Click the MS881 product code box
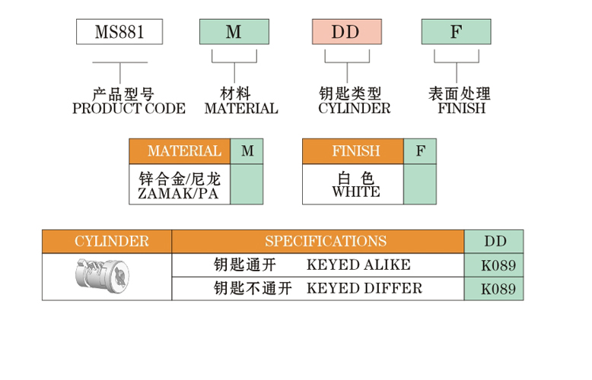pos(119,32)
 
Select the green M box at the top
pos(234,32)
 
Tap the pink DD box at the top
pos(346,32)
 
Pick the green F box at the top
pos(456,32)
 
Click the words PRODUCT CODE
pos(129,109)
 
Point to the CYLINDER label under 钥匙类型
pos(354,109)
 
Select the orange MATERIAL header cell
pos(180,151)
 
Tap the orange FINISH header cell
pos(353,151)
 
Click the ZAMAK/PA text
pos(180,195)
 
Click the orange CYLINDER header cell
pos(107,242)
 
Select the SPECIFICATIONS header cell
pos(317,242)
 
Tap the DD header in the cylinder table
pos(495,242)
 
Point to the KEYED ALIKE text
pos(358,265)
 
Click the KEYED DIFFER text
pos(364,288)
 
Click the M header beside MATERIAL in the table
pos(247,151)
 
